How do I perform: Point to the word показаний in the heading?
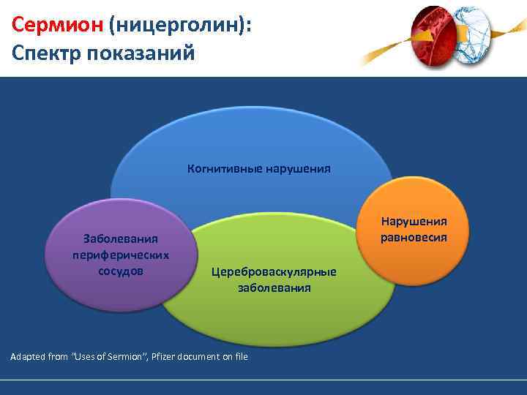tap(143, 54)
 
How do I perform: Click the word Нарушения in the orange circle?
tap(414, 222)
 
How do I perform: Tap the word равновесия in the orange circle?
tap(414, 237)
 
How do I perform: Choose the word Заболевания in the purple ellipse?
tap(121, 239)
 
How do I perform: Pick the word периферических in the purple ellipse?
tap(121, 255)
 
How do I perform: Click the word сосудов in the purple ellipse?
tap(121, 271)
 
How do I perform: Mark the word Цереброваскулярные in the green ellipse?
tap(274, 272)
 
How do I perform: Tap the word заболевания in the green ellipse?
tap(274, 288)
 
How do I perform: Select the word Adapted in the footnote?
tap(28, 357)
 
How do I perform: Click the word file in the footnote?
tap(239, 357)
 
